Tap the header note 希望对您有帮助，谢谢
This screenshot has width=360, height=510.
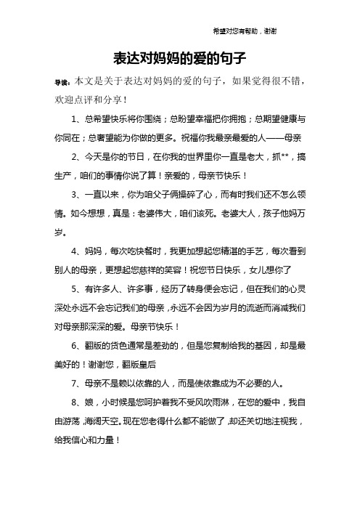coord(243,31)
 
